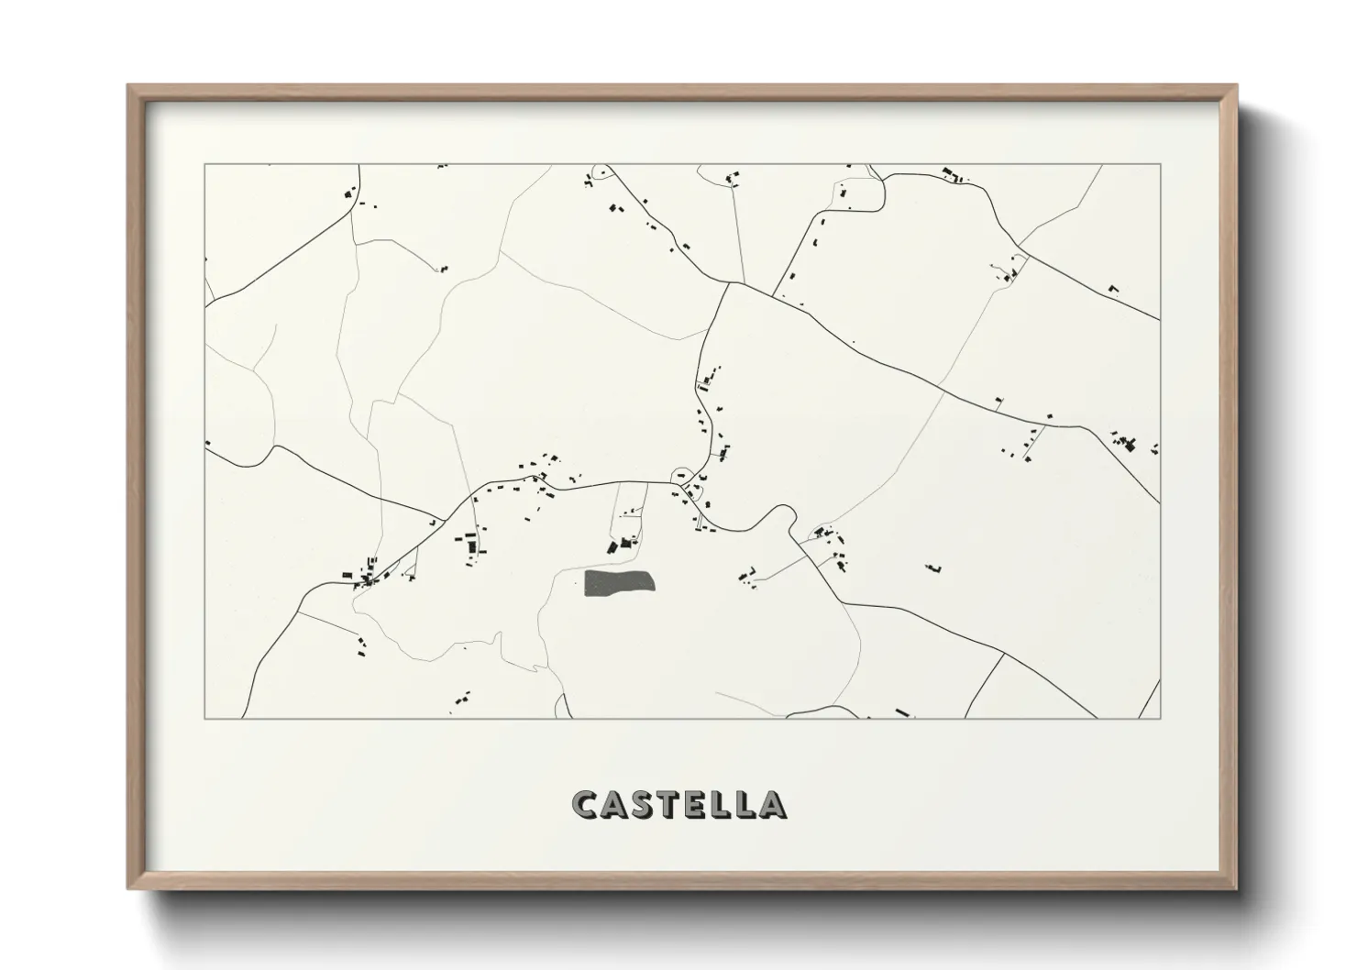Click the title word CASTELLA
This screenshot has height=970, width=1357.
coord(678,804)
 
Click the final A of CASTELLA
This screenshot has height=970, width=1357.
coord(772,804)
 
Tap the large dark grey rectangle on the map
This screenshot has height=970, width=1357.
coord(621,582)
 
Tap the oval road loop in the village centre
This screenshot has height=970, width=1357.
coord(683,476)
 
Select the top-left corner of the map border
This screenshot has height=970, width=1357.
coord(204,165)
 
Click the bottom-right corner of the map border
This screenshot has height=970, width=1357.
coord(1160,718)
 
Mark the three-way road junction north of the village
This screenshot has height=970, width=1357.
coord(729,283)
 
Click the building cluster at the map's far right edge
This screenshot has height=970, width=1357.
coord(1130,444)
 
